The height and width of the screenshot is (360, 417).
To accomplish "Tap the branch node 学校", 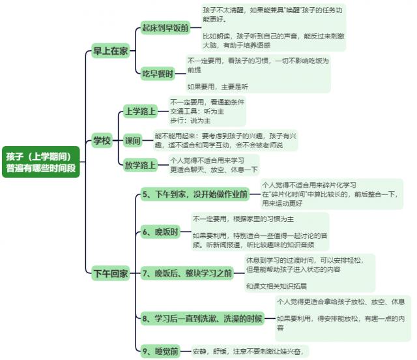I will tap(101, 140).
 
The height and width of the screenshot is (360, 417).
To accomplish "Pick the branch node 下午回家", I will tap(110, 273).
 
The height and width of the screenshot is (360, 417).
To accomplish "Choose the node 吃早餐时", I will tap(158, 74).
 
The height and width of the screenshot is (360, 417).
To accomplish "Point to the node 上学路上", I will tap(141, 112).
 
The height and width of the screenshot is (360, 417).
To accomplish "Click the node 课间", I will tap(133, 140).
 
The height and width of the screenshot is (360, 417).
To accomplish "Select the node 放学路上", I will tap(141, 165).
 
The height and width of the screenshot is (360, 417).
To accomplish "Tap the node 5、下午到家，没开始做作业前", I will tap(195, 194).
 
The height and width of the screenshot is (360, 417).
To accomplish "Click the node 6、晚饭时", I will tap(160, 232).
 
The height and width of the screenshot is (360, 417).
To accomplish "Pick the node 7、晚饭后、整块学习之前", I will tap(187, 273).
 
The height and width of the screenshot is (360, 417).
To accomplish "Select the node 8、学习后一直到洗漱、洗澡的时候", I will tap(202, 318).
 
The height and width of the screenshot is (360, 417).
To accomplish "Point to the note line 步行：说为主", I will tap(190, 121).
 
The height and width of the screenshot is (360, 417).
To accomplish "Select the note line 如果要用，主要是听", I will tap(217, 85).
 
